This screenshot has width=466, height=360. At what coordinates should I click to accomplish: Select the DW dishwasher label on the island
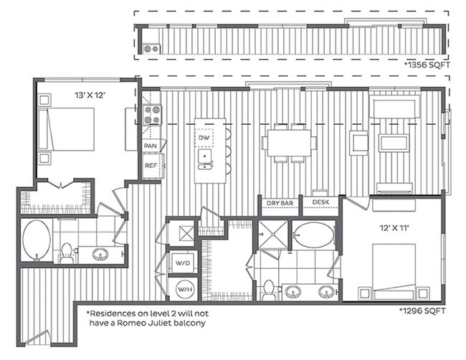tap(204, 137)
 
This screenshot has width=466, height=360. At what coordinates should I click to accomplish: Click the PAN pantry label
tap(151, 146)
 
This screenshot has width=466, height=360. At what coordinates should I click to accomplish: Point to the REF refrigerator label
tap(151, 166)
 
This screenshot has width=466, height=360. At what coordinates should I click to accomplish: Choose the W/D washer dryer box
tap(183, 262)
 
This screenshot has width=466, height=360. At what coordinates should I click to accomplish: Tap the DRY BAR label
tap(280, 204)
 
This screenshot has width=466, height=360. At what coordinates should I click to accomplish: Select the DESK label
tap(320, 204)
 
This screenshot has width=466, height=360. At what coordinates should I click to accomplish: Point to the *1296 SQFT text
tap(422, 311)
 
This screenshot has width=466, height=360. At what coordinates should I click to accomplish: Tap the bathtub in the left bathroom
tap(36, 240)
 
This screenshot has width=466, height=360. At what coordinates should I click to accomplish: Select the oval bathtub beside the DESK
tap(313, 234)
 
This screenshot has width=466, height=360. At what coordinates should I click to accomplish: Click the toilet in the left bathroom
tap(67, 252)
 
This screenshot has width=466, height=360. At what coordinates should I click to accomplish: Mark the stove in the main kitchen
tap(151, 115)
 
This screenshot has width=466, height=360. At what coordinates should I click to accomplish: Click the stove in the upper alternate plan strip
tap(151, 49)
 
